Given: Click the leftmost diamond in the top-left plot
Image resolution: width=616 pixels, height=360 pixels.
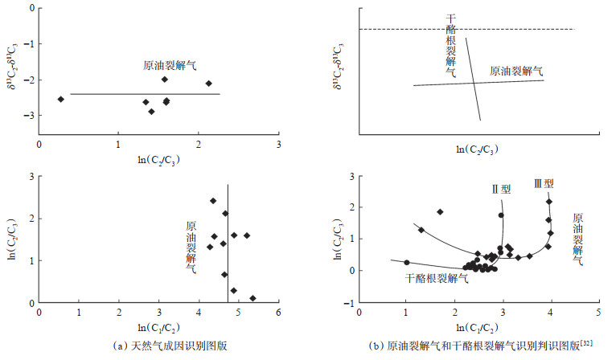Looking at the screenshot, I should coord(60,99).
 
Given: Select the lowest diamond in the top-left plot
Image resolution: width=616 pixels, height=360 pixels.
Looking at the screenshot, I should coord(151,112).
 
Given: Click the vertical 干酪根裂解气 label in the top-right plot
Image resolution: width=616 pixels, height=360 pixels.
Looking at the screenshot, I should coord(451,45).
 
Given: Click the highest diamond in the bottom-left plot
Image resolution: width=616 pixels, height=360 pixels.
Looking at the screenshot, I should coord(213,201).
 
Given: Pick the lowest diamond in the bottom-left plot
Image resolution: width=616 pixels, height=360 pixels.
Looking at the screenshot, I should coord(253,298).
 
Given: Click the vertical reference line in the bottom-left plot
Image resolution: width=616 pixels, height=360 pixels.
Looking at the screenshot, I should coord(228,241).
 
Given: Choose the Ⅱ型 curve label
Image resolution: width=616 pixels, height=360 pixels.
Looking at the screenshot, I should coord(501,190).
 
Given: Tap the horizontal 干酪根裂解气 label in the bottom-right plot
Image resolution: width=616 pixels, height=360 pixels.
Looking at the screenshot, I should coord(437,278).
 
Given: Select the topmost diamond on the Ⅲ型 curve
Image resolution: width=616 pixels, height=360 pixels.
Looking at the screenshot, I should coord(549,201).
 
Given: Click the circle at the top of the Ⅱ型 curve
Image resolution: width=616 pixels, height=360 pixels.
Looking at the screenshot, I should coord(501,215).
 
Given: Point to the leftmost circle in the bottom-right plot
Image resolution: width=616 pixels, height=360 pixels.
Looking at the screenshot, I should coord(407,262).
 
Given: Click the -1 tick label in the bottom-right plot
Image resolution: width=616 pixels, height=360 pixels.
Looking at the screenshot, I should coord(347,302).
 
